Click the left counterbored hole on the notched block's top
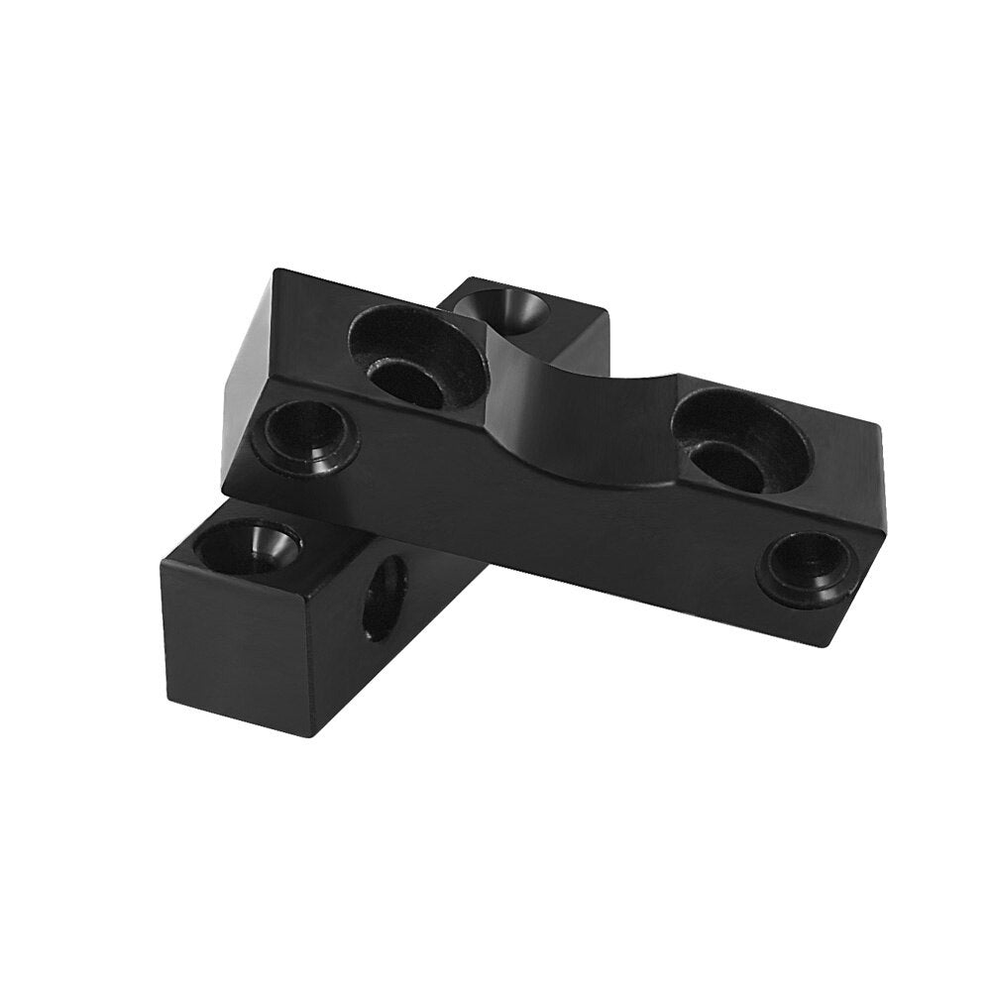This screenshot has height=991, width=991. pos(416,357)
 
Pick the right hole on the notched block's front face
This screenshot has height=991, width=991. pos(809,568)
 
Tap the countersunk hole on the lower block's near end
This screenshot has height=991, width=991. pos(247,548)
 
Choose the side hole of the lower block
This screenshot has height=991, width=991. pos(385,597)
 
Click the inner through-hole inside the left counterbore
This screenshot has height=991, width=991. pos(406,382)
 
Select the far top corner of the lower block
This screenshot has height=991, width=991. pos(606,315)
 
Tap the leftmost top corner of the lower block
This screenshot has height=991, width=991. pos(164,565)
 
